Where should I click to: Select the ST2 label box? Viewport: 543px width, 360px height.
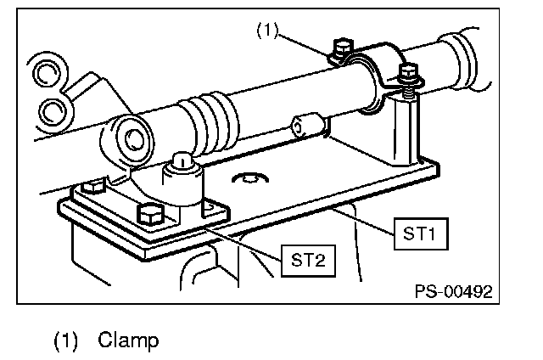305,260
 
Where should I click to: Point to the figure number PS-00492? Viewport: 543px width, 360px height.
452,291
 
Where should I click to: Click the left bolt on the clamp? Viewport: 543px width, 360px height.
343,50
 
